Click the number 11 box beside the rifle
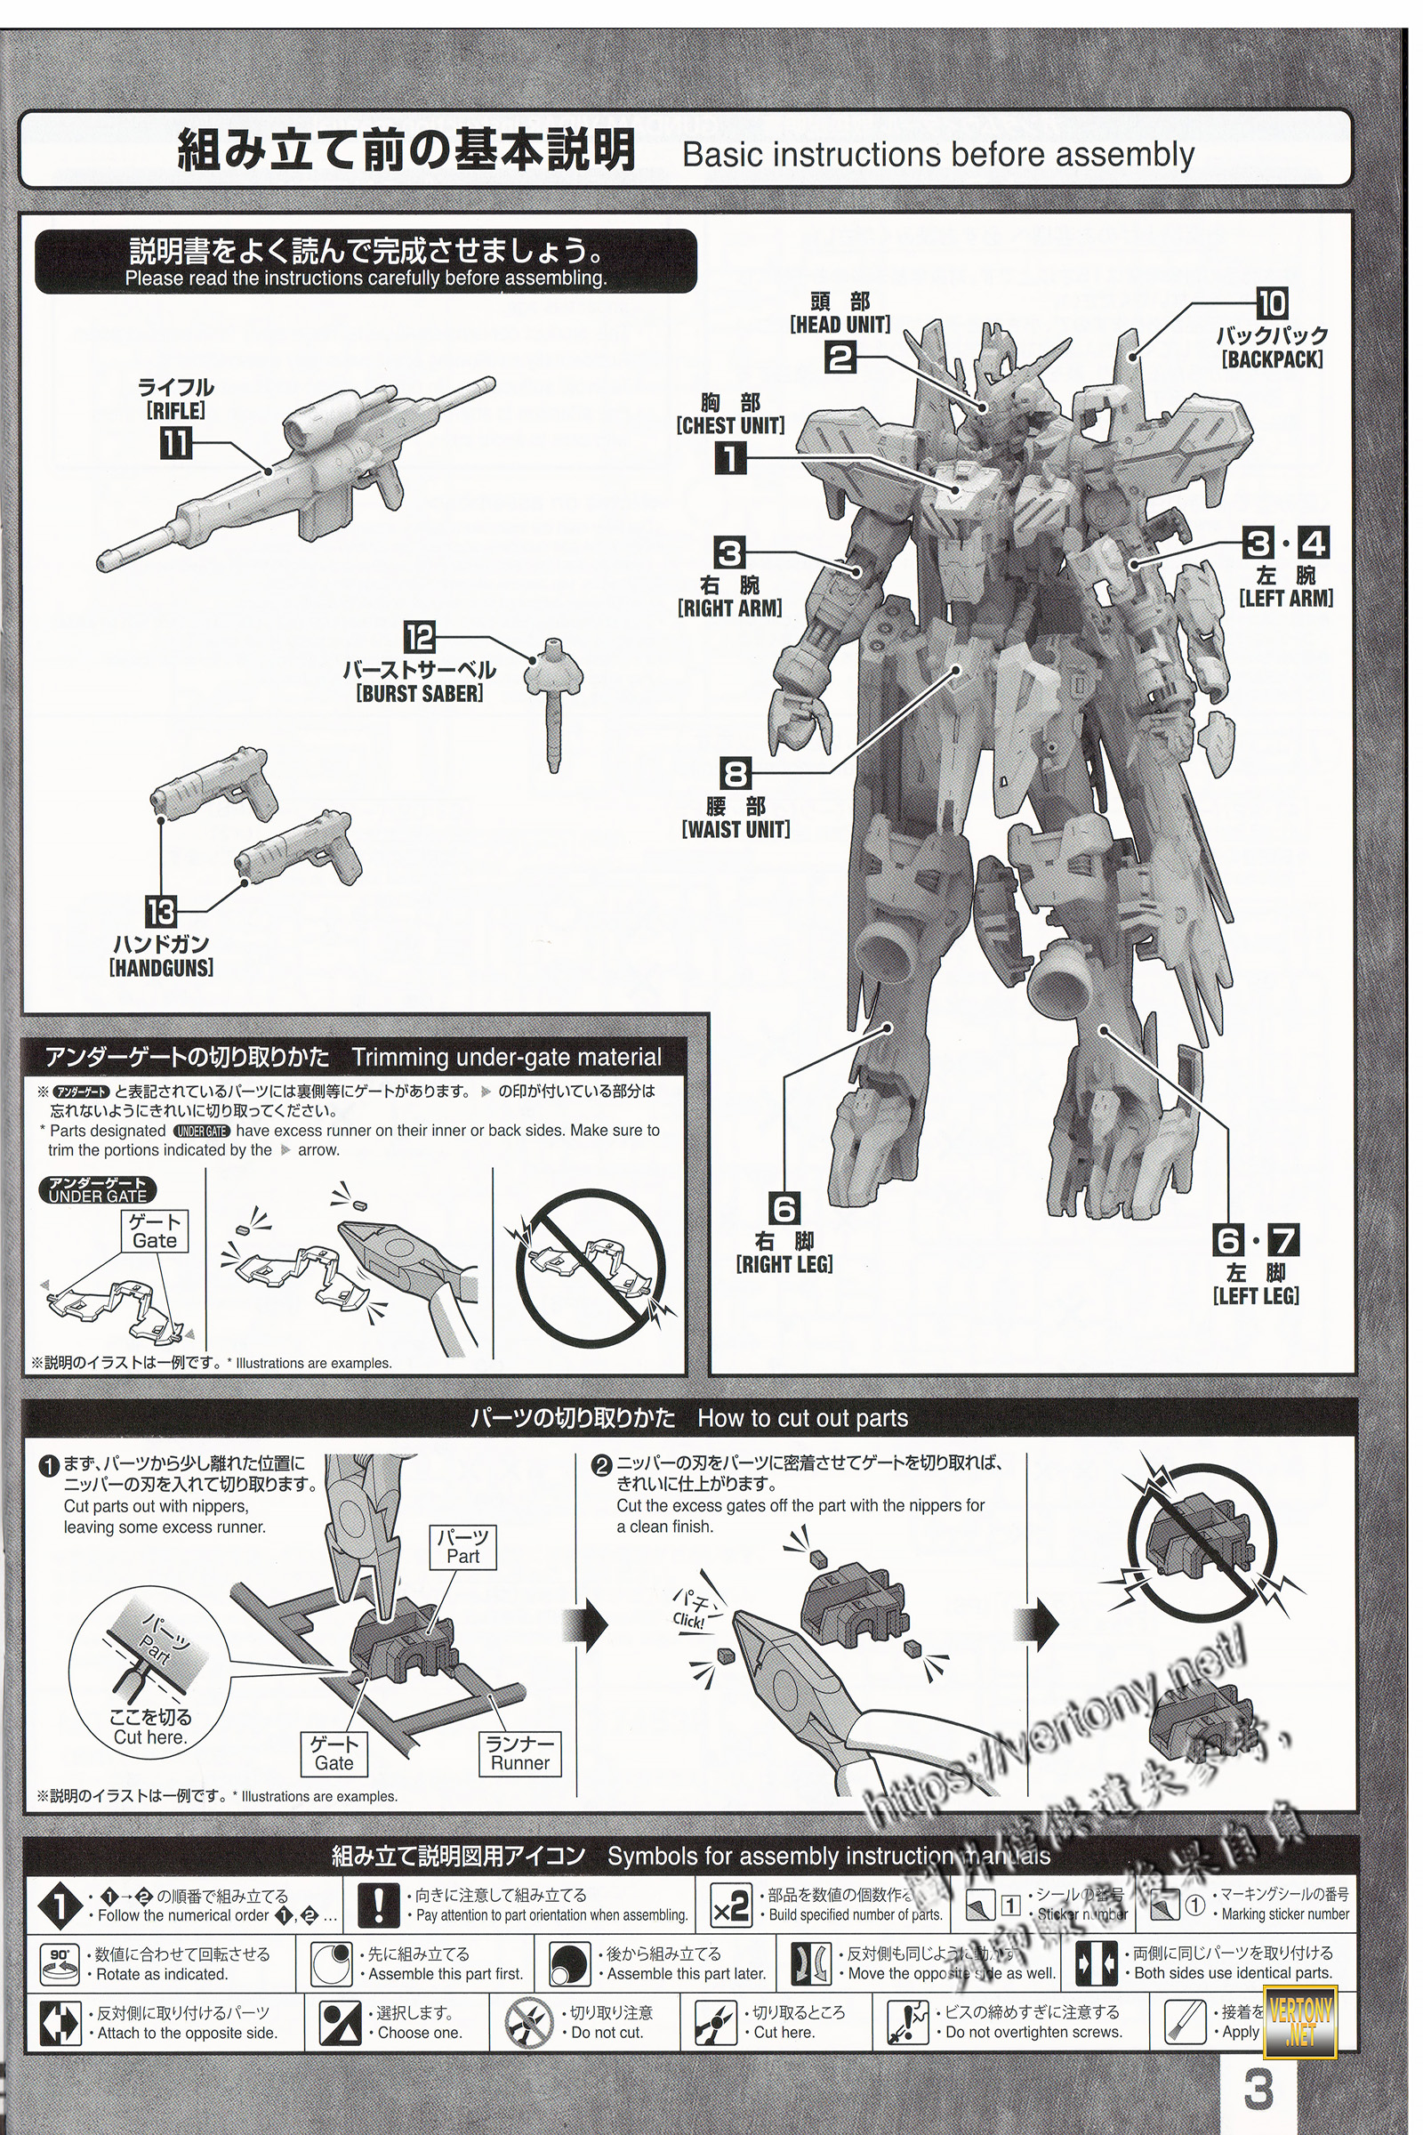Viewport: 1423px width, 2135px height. (x=176, y=443)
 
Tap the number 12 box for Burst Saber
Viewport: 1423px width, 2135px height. (x=420, y=637)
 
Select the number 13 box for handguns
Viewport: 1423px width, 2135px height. (x=162, y=911)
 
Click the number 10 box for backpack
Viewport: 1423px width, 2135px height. (x=1273, y=303)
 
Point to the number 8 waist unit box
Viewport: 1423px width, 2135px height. (x=736, y=773)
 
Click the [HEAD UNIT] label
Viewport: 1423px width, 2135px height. (x=840, y=324)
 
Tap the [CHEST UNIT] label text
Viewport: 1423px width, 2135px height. (x=729, y=425)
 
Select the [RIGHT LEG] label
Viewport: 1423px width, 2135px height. (x=784, y=1263)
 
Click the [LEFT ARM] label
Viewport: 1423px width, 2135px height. (x=1286, y=598)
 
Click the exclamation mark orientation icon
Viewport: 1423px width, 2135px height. (x=379, y=1905)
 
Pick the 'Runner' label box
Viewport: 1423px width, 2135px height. (x=520, y=1753)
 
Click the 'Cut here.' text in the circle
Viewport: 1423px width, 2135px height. (x=149, y=1737)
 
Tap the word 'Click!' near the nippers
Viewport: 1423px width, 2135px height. (x=687, y=1620)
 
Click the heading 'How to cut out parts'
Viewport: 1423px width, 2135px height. (x=802, y=1418)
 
